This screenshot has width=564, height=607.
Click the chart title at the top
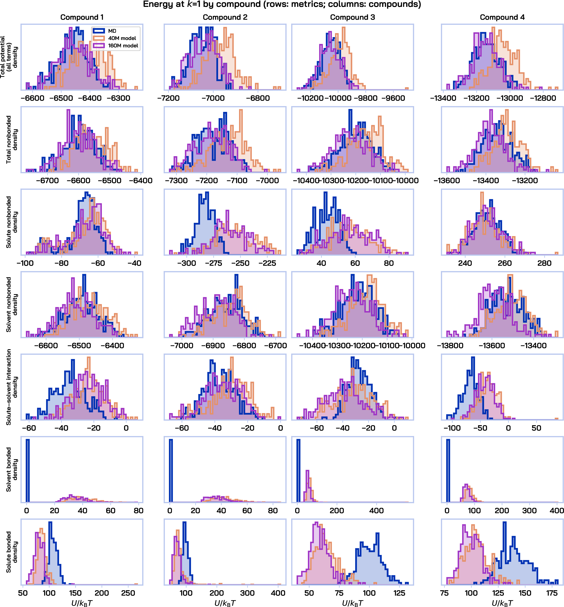coord(282,5)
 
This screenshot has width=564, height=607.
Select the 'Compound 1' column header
coord(82,17)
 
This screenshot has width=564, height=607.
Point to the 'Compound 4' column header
coord(502,17)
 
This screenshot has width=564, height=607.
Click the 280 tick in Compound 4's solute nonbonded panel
coord(544,263)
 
